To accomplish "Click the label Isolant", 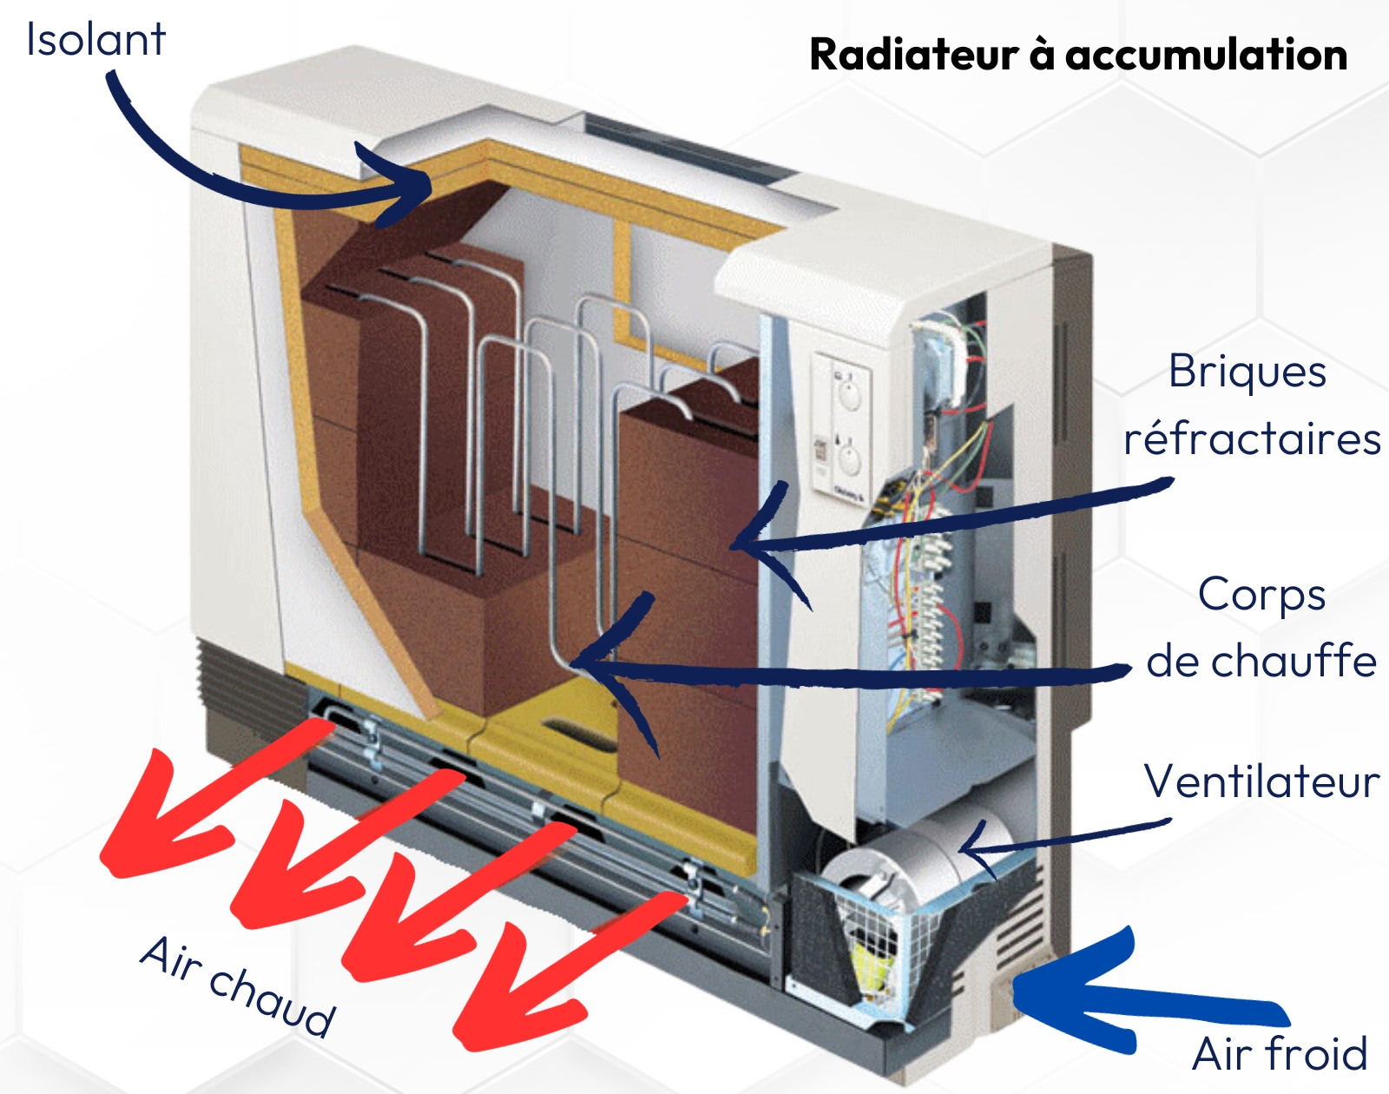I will click(95, 40).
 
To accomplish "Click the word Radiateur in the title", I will click(913, 55).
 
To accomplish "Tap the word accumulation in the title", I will click(1206, 55).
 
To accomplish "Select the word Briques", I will click(1247, 372).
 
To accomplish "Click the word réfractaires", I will click(1252, 439).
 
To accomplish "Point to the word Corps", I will click(1261, 595).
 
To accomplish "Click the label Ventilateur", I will click(1261, 781).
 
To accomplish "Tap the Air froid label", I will click(1280, 1054).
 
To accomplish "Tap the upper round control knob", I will click(849, 396).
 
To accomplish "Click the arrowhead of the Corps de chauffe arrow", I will click(590, 664).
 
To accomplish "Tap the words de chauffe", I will click(1261, 662).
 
